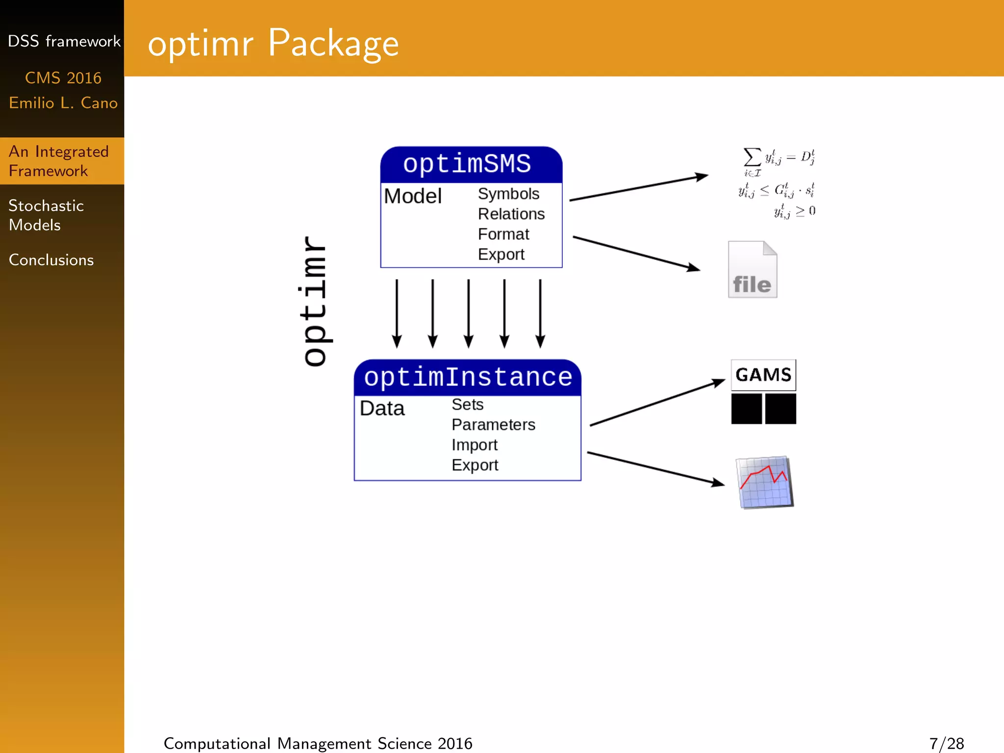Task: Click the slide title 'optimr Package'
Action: (273, 43)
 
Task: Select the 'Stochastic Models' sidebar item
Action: (46, 215)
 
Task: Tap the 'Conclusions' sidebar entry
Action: (51, 260)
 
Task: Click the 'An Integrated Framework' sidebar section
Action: (58, 161)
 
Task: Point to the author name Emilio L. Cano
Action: (63, 103)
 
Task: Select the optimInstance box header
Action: (468, 377)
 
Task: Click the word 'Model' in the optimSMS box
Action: (413, 196)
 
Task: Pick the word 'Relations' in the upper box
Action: (511, 214)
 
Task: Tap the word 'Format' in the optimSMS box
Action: (503, 234)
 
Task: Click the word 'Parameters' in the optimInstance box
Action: (493, 425)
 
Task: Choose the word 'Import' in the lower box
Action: (474, 445)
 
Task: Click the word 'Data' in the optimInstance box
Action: (382, 408)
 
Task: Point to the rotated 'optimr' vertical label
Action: (314, 301)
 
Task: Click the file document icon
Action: (752, 270)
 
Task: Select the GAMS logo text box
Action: (763, 375)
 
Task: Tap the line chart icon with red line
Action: (765, 482)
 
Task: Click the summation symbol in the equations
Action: (752, 158)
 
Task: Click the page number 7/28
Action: (946, 744)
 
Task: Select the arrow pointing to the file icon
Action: (636, 253)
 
